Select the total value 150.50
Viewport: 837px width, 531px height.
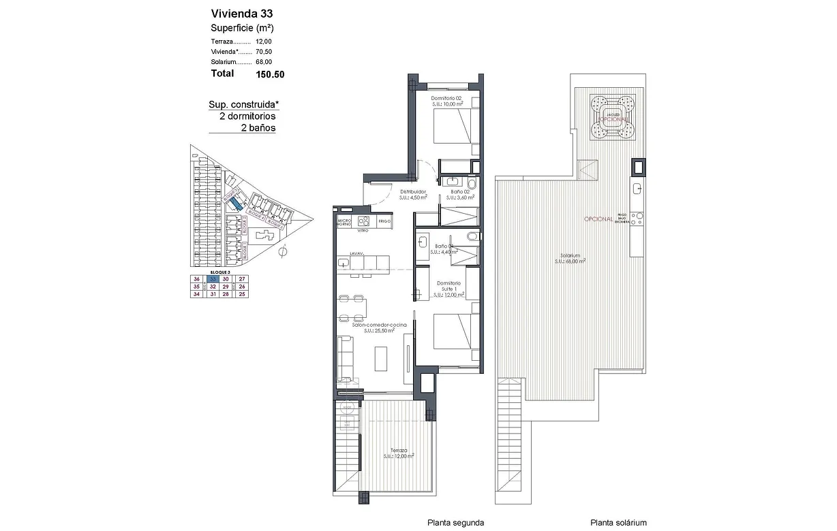[x=270, y=74]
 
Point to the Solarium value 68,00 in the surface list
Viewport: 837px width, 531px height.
[x=264, y=62]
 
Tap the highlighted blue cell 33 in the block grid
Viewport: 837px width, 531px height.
[x=213, y=279]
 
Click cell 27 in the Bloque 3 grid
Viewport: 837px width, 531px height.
[x=241, y=279]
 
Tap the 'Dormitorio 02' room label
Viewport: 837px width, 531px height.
[x=447, y=99]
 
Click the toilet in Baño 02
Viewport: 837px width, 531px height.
[x=472, y=183]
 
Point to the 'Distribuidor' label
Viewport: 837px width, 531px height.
[x=413, y=192]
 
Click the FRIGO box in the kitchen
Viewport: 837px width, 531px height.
[x=384, y=221]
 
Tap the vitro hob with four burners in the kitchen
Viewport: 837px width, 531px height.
[x=363, y=221]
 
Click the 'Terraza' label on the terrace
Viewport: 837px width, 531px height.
[x=399, y=451]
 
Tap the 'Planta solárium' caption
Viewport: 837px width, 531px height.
[x=619, y=523]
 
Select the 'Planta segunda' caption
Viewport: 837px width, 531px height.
[x=455, y=523]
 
